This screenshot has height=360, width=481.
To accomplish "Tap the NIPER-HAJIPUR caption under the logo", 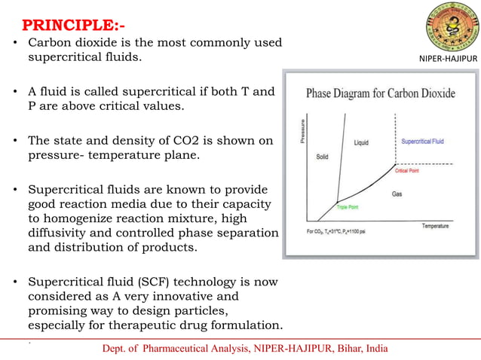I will click(449, 58).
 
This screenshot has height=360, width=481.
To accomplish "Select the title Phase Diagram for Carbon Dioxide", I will click(381, 95).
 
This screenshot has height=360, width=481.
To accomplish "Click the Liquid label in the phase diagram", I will click(361, 142).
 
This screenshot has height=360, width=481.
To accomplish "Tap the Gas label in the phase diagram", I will click(397, 194).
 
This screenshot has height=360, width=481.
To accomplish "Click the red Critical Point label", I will click(409, 171).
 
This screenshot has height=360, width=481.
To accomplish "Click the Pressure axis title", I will click(302, 133).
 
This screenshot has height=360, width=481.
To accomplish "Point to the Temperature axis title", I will click(435, 225).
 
